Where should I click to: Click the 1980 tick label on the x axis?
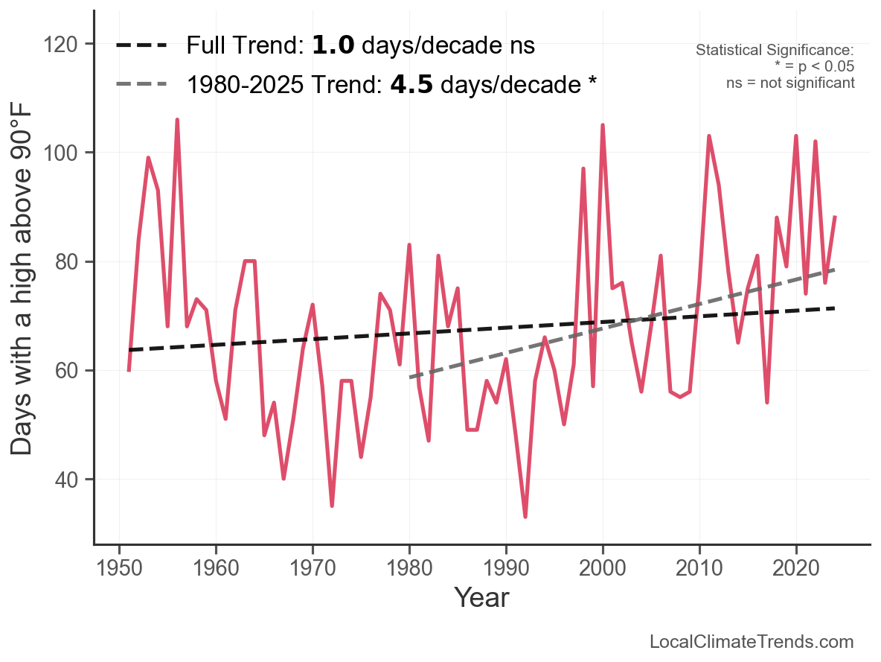click(409, 567)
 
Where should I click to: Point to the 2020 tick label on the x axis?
click(796, 567)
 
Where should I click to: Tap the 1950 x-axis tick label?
click(119, 567)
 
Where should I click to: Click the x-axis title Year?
click(481, 597)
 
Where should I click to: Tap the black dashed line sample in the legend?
click(141, 45)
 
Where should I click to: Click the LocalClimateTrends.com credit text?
click(752, 642)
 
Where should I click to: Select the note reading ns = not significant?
click(790, 83)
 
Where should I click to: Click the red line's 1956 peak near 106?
click(177, 120)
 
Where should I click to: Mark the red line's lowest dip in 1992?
click(525, 517)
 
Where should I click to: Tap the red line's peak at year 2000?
click(603, 125)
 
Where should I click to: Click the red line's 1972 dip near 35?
click(332, 506)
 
